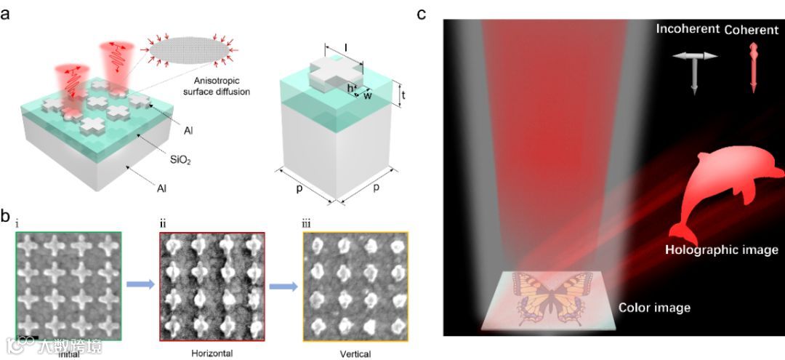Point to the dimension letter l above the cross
[346, 49]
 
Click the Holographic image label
[722, 250]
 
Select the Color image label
[653, 308]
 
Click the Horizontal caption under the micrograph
[212, 353]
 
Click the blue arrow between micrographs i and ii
[140, 285]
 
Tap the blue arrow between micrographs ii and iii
[283, 285]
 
